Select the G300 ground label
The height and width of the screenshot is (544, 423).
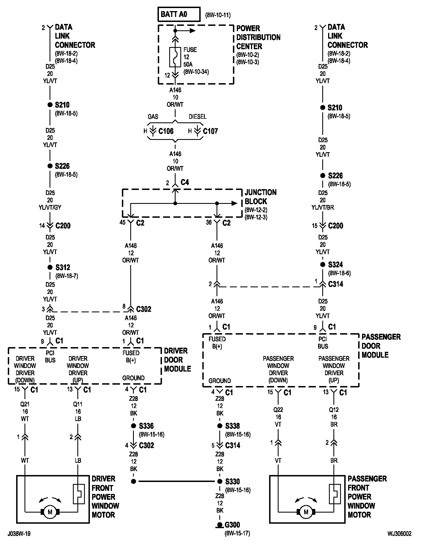[232, 525]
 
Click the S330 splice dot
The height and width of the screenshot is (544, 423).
[220, 481]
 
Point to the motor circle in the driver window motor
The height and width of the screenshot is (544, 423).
[50, 512]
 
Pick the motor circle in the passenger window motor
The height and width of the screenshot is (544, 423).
[306, 512]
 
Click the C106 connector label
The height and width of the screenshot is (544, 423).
[166, 131]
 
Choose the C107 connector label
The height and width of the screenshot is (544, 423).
[210, 131]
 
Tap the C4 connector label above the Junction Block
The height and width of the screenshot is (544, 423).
[185, 182]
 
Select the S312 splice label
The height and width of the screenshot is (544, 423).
[63, 268]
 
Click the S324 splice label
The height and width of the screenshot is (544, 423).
[335, 265]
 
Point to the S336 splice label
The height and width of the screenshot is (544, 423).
[146, 426]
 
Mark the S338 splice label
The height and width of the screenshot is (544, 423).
[233, 426]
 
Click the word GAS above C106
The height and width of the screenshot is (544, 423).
[153, 117]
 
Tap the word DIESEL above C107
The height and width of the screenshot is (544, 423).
[198, 117]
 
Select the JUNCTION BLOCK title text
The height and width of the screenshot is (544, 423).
[260, 197]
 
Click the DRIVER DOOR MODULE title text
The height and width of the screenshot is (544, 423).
[178, 360]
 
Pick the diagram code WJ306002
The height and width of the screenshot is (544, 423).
[399, 534]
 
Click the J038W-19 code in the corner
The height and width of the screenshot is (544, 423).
[19, 534]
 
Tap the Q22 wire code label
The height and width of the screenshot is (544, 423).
[278, 410]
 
